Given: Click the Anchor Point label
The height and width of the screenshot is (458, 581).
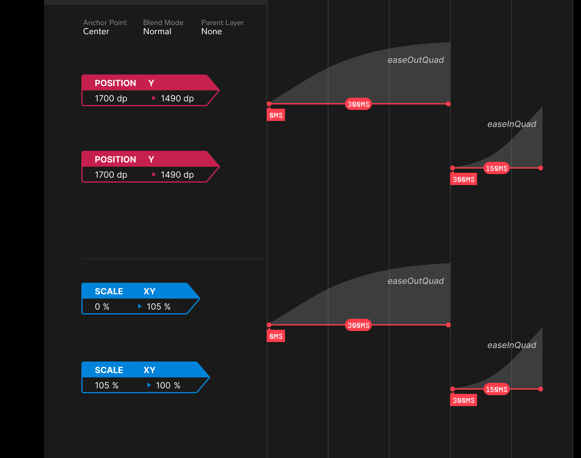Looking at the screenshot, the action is [105, 23].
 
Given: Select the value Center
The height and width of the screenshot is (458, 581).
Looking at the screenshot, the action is [96, 31].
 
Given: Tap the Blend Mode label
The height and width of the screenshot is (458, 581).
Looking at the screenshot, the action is [163, 23].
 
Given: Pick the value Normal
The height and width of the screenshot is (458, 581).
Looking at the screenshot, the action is [157, 31].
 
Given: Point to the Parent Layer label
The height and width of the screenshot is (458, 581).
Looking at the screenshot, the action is [222, 23].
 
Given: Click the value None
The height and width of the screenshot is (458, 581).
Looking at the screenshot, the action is [211, 31].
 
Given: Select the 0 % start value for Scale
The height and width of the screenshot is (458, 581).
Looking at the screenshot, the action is [102, 307].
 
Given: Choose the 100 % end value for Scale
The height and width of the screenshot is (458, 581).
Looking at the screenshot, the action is [168, 385].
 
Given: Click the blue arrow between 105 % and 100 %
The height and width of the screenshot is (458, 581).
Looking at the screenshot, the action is [149, 385].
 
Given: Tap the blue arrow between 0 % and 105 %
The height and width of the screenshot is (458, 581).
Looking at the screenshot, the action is [140, 306].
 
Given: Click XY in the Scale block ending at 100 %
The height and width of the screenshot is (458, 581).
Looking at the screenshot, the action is [150, 370].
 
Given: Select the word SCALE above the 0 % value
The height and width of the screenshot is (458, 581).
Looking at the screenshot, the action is [109, 291].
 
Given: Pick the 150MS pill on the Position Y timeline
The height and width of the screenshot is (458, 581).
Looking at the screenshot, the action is [497, 168].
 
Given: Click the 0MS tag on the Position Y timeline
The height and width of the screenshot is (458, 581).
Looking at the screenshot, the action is [276, 115].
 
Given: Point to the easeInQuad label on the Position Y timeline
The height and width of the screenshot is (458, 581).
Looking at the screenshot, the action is [512, 124].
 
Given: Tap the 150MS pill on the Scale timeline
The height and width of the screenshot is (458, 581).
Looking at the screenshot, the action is [497, 389].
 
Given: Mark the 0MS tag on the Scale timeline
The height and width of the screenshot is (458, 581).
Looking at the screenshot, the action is [276, 336].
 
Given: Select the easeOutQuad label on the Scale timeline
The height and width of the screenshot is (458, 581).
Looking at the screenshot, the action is [416, 281].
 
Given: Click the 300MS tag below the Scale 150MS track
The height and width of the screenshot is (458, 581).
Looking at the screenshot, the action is [464, 400].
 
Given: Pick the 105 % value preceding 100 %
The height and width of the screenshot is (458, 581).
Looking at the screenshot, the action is [106, 385].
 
